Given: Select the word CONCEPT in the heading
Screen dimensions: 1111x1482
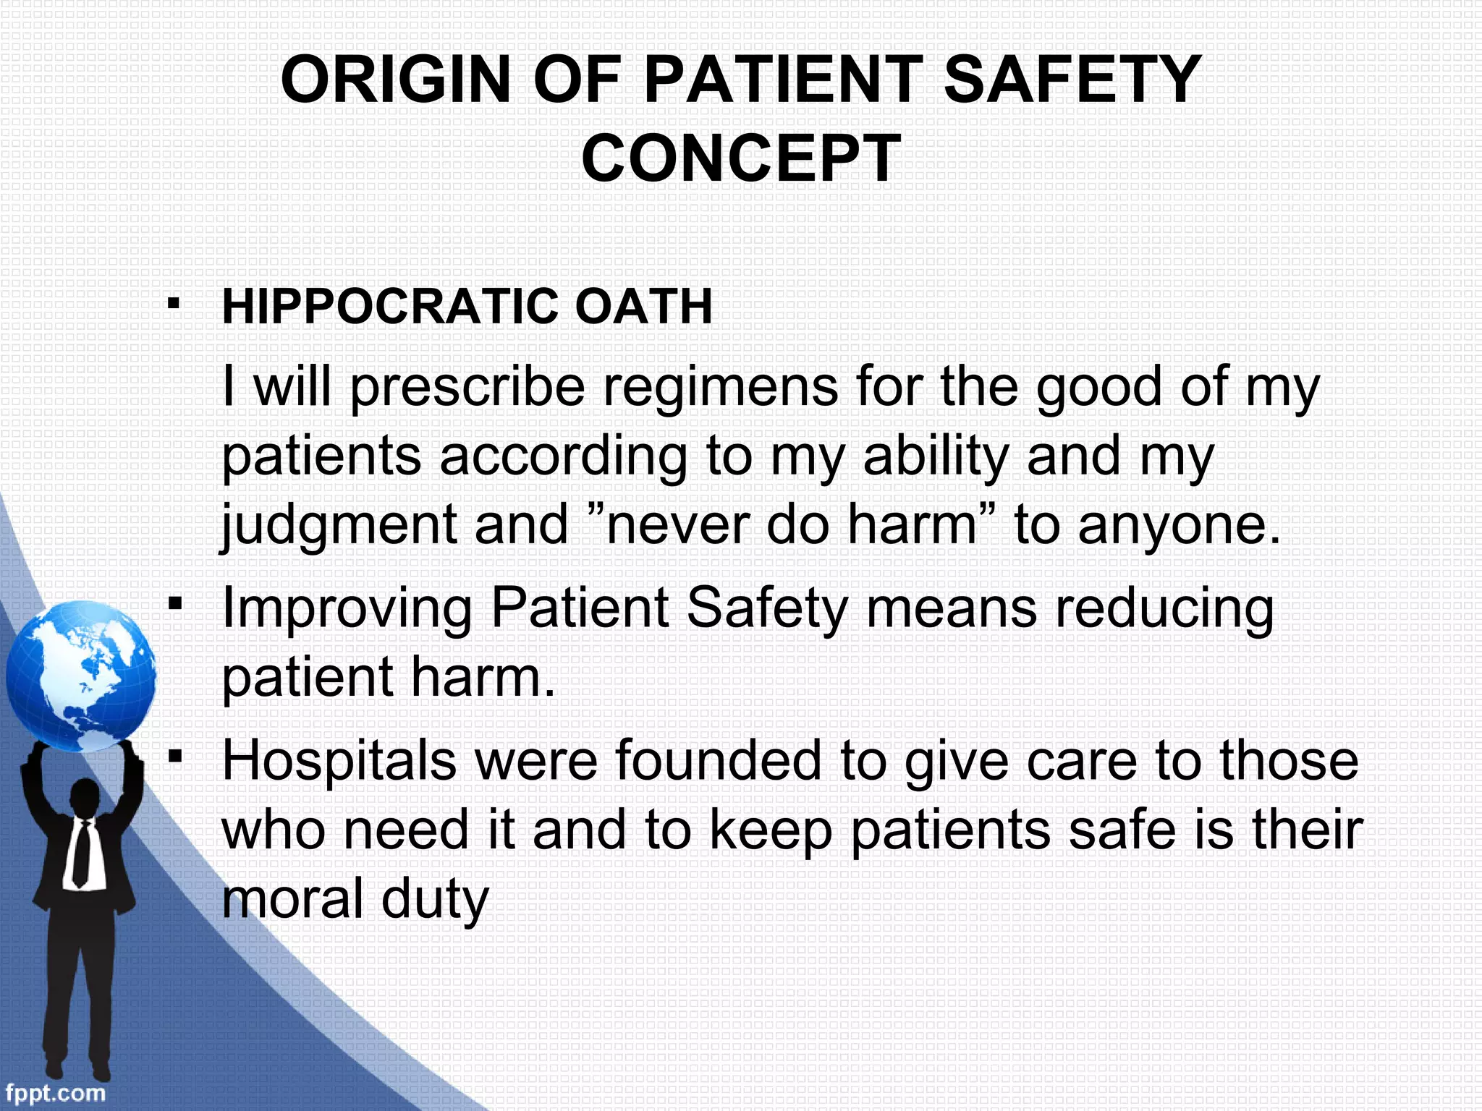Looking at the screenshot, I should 741,159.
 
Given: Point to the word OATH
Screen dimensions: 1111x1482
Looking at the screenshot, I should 643,307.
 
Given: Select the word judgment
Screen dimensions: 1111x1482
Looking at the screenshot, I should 338,525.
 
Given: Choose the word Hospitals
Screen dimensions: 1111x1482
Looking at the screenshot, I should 339,761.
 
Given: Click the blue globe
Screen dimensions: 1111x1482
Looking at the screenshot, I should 80,677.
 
